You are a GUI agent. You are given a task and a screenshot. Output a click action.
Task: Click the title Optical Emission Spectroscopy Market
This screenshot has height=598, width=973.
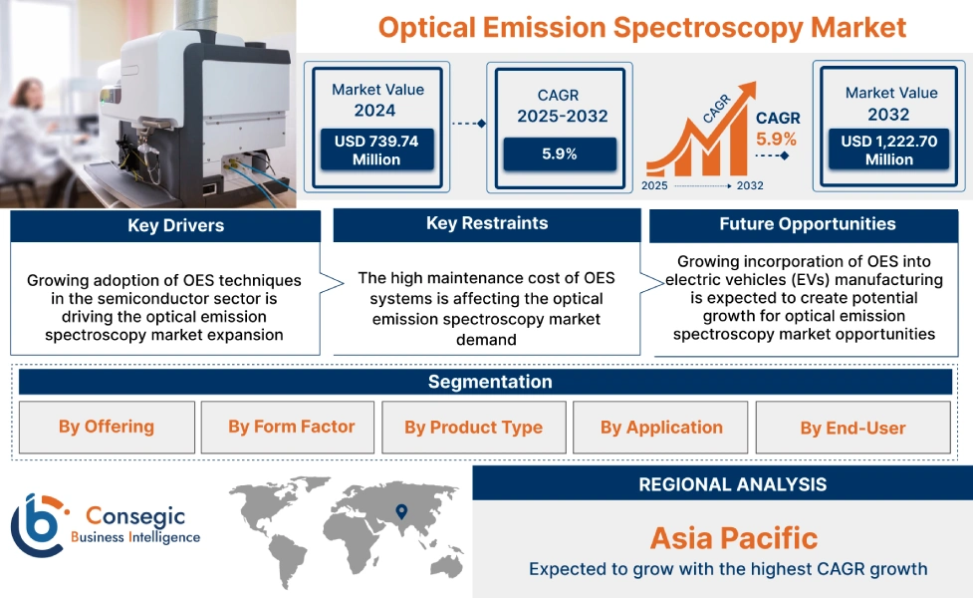pos(642,27)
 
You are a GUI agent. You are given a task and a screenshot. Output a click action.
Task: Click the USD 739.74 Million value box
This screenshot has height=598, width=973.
pos(376,149)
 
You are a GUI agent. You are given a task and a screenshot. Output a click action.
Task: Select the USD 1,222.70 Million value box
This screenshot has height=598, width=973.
pos(888,149)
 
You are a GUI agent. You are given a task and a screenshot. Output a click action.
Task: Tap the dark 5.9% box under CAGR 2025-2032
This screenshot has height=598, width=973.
pos(559,153)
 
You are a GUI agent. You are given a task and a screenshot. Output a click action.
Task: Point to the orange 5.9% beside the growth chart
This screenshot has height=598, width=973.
pos(776,139)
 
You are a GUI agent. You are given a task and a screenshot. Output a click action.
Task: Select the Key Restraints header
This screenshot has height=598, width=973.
pos(486,223)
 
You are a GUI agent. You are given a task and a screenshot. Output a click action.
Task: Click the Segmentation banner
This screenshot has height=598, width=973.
pos(489,382)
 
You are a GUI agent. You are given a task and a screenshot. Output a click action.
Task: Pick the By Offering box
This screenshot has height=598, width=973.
pos(106,427)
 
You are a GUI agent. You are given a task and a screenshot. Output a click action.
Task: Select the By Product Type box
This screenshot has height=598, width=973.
pos(473,427)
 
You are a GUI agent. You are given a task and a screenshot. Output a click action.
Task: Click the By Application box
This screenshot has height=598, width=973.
pos(661,427)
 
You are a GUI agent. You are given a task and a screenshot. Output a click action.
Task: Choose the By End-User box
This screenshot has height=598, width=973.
pos(852,428)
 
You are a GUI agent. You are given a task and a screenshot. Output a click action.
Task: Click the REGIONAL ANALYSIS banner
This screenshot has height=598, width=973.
pos(732,484)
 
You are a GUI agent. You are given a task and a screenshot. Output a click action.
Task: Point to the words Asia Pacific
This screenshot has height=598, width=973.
pos(733,538)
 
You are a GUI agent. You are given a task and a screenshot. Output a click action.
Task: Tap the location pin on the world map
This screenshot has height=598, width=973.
pos(401,511)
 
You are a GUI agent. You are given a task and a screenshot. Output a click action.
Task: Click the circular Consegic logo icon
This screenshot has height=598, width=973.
pos(36,524)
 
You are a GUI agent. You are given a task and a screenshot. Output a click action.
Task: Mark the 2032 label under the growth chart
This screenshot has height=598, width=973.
pos(750,185)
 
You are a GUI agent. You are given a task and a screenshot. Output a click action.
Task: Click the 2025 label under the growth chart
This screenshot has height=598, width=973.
pos(655,185)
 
